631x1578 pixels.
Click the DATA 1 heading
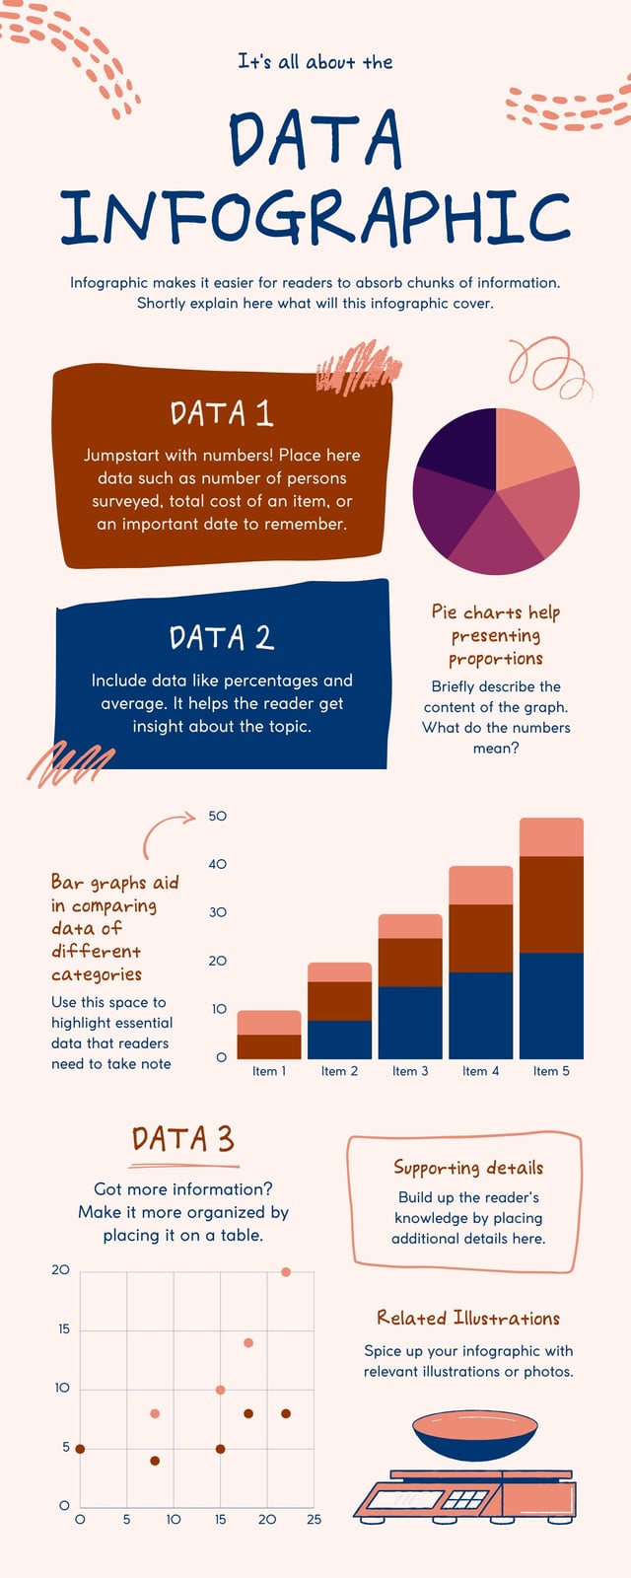click(x=221, y=413)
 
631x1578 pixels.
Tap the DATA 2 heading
click(x=222, y=637)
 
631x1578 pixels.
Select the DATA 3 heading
click(x=183, y=1139)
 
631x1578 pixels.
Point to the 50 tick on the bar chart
click(x=218, y=816)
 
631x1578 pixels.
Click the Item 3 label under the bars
click(x=410, y=1071)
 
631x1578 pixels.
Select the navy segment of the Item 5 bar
click(x=551, y=1006)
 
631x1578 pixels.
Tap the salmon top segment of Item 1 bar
click(x=269, y=1023)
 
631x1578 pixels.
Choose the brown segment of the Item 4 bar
click(x=481, y=938)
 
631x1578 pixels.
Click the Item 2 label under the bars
click(x=339, y=1071)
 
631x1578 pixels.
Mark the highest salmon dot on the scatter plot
click(x=286, y=1271)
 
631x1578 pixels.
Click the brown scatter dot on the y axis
click(x=80, y=1449)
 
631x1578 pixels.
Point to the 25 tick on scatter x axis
click(x=315, y=1520)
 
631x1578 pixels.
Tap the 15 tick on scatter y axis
click(x=64, y=1328)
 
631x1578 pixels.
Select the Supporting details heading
click(x=468, y=1168)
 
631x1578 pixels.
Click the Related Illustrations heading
click(x=468, y=1318)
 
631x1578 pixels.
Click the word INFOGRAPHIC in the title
click(x=315, y=216)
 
